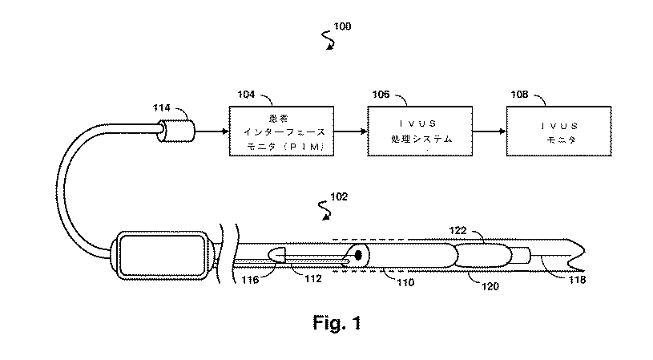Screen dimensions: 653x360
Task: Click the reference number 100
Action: [342, 26]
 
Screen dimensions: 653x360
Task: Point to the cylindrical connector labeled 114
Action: [175, 131]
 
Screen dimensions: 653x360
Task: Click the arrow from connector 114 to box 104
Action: [212, 131]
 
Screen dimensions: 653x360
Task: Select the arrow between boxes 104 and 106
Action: [351, 131]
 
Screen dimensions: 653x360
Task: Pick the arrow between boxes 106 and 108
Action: [490, 131]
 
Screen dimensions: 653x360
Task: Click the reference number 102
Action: [339, 196]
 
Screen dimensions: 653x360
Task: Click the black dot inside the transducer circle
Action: [357, 256]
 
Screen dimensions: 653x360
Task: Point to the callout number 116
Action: [250, 280]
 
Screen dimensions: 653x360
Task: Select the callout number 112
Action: [313, 278]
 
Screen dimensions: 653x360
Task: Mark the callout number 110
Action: [405, 282]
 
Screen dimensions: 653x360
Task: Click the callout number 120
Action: [490, 286]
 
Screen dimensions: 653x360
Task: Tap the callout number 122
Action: [458, 230]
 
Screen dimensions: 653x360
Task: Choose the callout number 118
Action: [577, 280]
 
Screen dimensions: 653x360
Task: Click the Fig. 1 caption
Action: [337, 323]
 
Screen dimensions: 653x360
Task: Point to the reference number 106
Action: [381, 95]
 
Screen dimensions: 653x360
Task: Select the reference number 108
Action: [519, 95]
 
